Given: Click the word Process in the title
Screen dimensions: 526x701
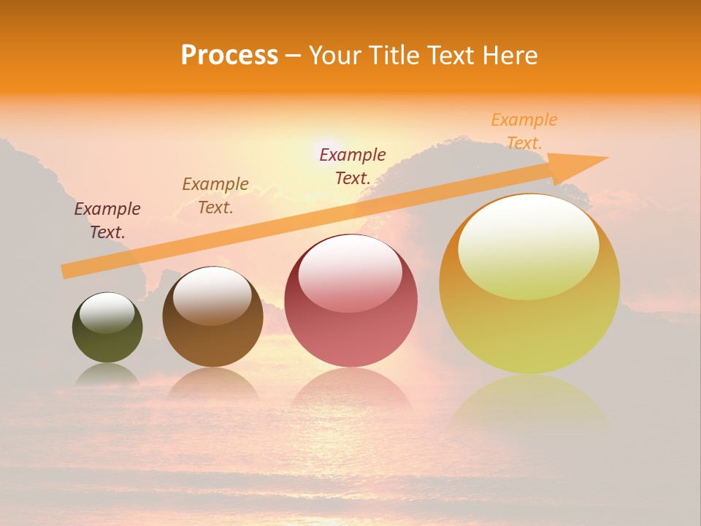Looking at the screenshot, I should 229,56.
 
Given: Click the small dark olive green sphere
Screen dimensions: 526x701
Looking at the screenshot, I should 107,340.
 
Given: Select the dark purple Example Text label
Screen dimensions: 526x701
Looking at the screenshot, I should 107,221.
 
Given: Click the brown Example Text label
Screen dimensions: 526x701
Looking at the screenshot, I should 215,196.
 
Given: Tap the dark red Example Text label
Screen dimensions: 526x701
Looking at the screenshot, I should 353,166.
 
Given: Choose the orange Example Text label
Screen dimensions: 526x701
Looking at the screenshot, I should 524,131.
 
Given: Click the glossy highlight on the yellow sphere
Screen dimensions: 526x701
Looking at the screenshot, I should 528,245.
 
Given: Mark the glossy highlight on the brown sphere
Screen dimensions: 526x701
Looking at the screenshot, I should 212,294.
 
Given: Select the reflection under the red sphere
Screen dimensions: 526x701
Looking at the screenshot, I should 350,387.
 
